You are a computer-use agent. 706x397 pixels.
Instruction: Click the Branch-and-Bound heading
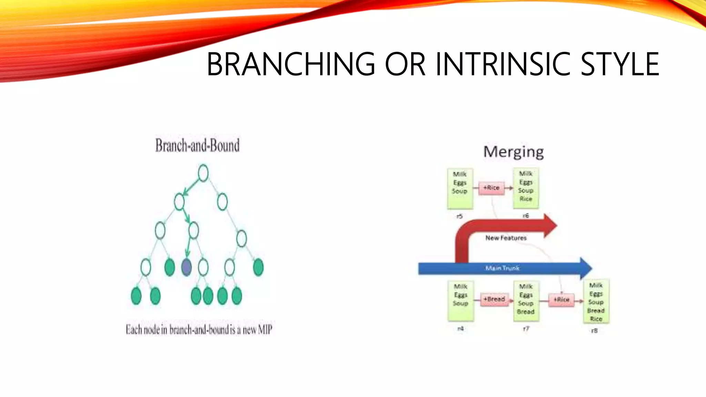click(x=197, y=145)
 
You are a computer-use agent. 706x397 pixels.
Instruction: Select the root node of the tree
click(x=203, y=173)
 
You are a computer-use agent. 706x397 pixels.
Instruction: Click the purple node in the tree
click(x=186, y=267)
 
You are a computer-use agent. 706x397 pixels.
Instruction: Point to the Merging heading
click(x=513, y=152)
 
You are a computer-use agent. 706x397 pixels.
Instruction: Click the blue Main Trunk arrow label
click(x=502, y=268)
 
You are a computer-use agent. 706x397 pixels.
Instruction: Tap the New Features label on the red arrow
click(x=506, y=238)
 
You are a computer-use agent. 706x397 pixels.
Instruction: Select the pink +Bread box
click(x=494, y=299)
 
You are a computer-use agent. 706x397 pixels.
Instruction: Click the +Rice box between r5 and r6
click(x=491, y=188)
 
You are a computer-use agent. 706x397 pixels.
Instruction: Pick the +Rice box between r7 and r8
click(x=561, y=299)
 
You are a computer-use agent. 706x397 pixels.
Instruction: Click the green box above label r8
click(x=596, y=302)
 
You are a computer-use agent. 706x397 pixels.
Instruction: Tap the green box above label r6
click(x=526, y=188)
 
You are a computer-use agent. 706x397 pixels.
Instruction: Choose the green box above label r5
click(x=460, y=189)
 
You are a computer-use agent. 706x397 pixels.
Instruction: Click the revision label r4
click(x=460, y=329)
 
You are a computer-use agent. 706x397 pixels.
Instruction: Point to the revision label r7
click(x=526, y=329)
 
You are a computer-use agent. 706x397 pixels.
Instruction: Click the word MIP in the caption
click(x=265, y=330)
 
